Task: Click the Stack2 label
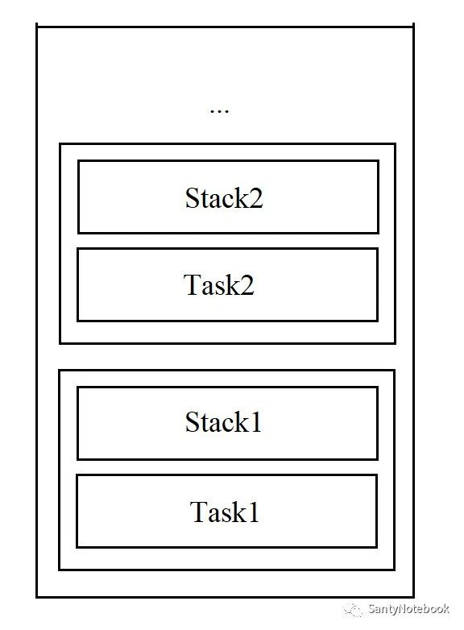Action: coord(224,197)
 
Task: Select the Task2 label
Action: coord(219,285)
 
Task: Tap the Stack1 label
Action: coord(223,422)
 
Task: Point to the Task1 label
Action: coord(224,512)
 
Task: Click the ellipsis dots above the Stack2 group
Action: coord(219,111)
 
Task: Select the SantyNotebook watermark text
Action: coord(408,609)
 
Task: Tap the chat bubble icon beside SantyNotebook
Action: coord(353,610)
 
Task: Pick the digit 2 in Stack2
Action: coord(255,198)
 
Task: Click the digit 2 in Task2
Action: coord(247,285)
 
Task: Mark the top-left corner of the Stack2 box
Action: coord(79,161)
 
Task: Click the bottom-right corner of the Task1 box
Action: coord(376,547)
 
